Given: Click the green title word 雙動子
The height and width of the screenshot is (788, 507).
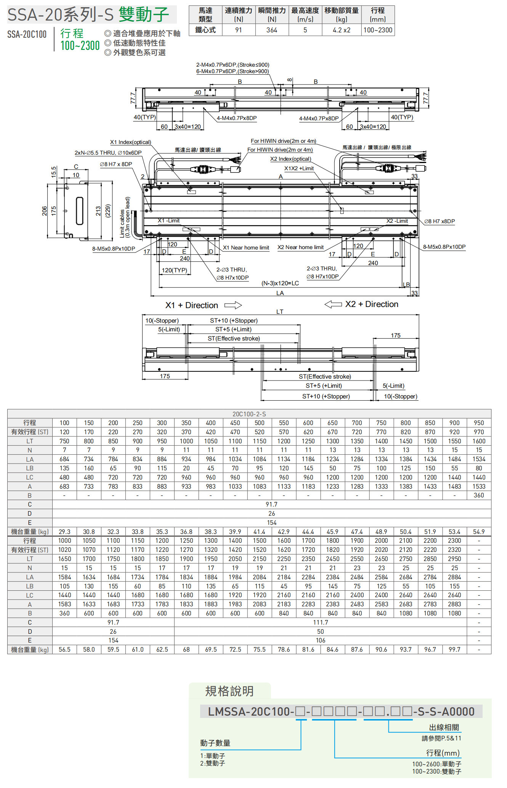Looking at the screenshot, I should [144, 14].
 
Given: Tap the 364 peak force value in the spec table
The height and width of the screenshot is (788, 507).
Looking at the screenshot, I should [272, 30].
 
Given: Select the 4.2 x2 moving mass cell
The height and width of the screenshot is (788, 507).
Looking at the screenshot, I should [342, 30].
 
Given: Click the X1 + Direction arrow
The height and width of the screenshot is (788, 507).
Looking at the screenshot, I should [233, 305].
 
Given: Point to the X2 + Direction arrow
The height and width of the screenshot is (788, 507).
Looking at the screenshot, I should [333, 304].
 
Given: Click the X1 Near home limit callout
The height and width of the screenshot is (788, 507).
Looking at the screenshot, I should [246, 248].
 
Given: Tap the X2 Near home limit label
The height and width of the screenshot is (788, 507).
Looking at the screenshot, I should [300, 247].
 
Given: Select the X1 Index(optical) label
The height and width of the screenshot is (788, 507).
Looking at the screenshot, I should [130, 142].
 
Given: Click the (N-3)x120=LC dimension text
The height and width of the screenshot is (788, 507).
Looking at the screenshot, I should [280, 283].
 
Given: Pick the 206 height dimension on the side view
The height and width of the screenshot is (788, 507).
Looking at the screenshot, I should [45, 211].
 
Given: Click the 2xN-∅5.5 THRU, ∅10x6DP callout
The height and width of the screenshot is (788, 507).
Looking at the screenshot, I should [108, 153].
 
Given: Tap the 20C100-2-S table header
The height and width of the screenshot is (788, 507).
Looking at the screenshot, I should [249, 414].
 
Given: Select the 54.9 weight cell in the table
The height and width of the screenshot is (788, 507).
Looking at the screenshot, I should [479, 532].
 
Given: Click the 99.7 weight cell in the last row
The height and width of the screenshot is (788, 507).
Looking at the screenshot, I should [454, 650].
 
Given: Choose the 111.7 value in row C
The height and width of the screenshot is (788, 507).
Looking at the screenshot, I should [321, 622].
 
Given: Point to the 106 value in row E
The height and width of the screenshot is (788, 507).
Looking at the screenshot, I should [321, 641].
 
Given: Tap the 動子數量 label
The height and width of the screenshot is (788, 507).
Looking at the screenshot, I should [215, 743].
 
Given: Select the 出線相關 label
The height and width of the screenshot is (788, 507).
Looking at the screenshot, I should [444, 727].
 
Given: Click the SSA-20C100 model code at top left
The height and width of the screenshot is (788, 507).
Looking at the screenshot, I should [27, 35].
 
